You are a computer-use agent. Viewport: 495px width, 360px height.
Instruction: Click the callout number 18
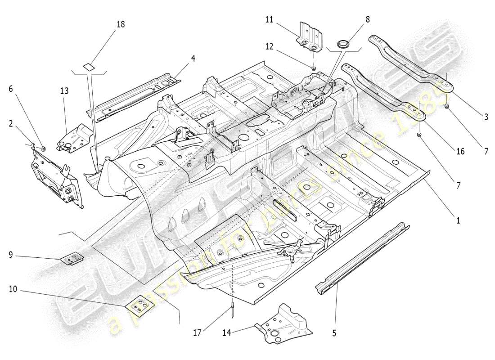tap(121, 24)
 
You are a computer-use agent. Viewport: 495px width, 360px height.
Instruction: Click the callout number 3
tap(486, 117)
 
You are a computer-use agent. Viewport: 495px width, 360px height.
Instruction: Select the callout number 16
tap(460, 152)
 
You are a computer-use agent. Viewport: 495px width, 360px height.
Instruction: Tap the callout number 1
tap(458, 220)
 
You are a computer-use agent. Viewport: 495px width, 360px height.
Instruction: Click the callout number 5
tap(334, 333)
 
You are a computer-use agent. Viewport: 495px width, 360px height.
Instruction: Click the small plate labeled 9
tap(73, 259)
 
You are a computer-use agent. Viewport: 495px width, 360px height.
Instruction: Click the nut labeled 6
tap(43, 148)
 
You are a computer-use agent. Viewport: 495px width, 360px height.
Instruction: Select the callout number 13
tap(64, 91)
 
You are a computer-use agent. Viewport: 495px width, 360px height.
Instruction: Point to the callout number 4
tap(193, 58)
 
